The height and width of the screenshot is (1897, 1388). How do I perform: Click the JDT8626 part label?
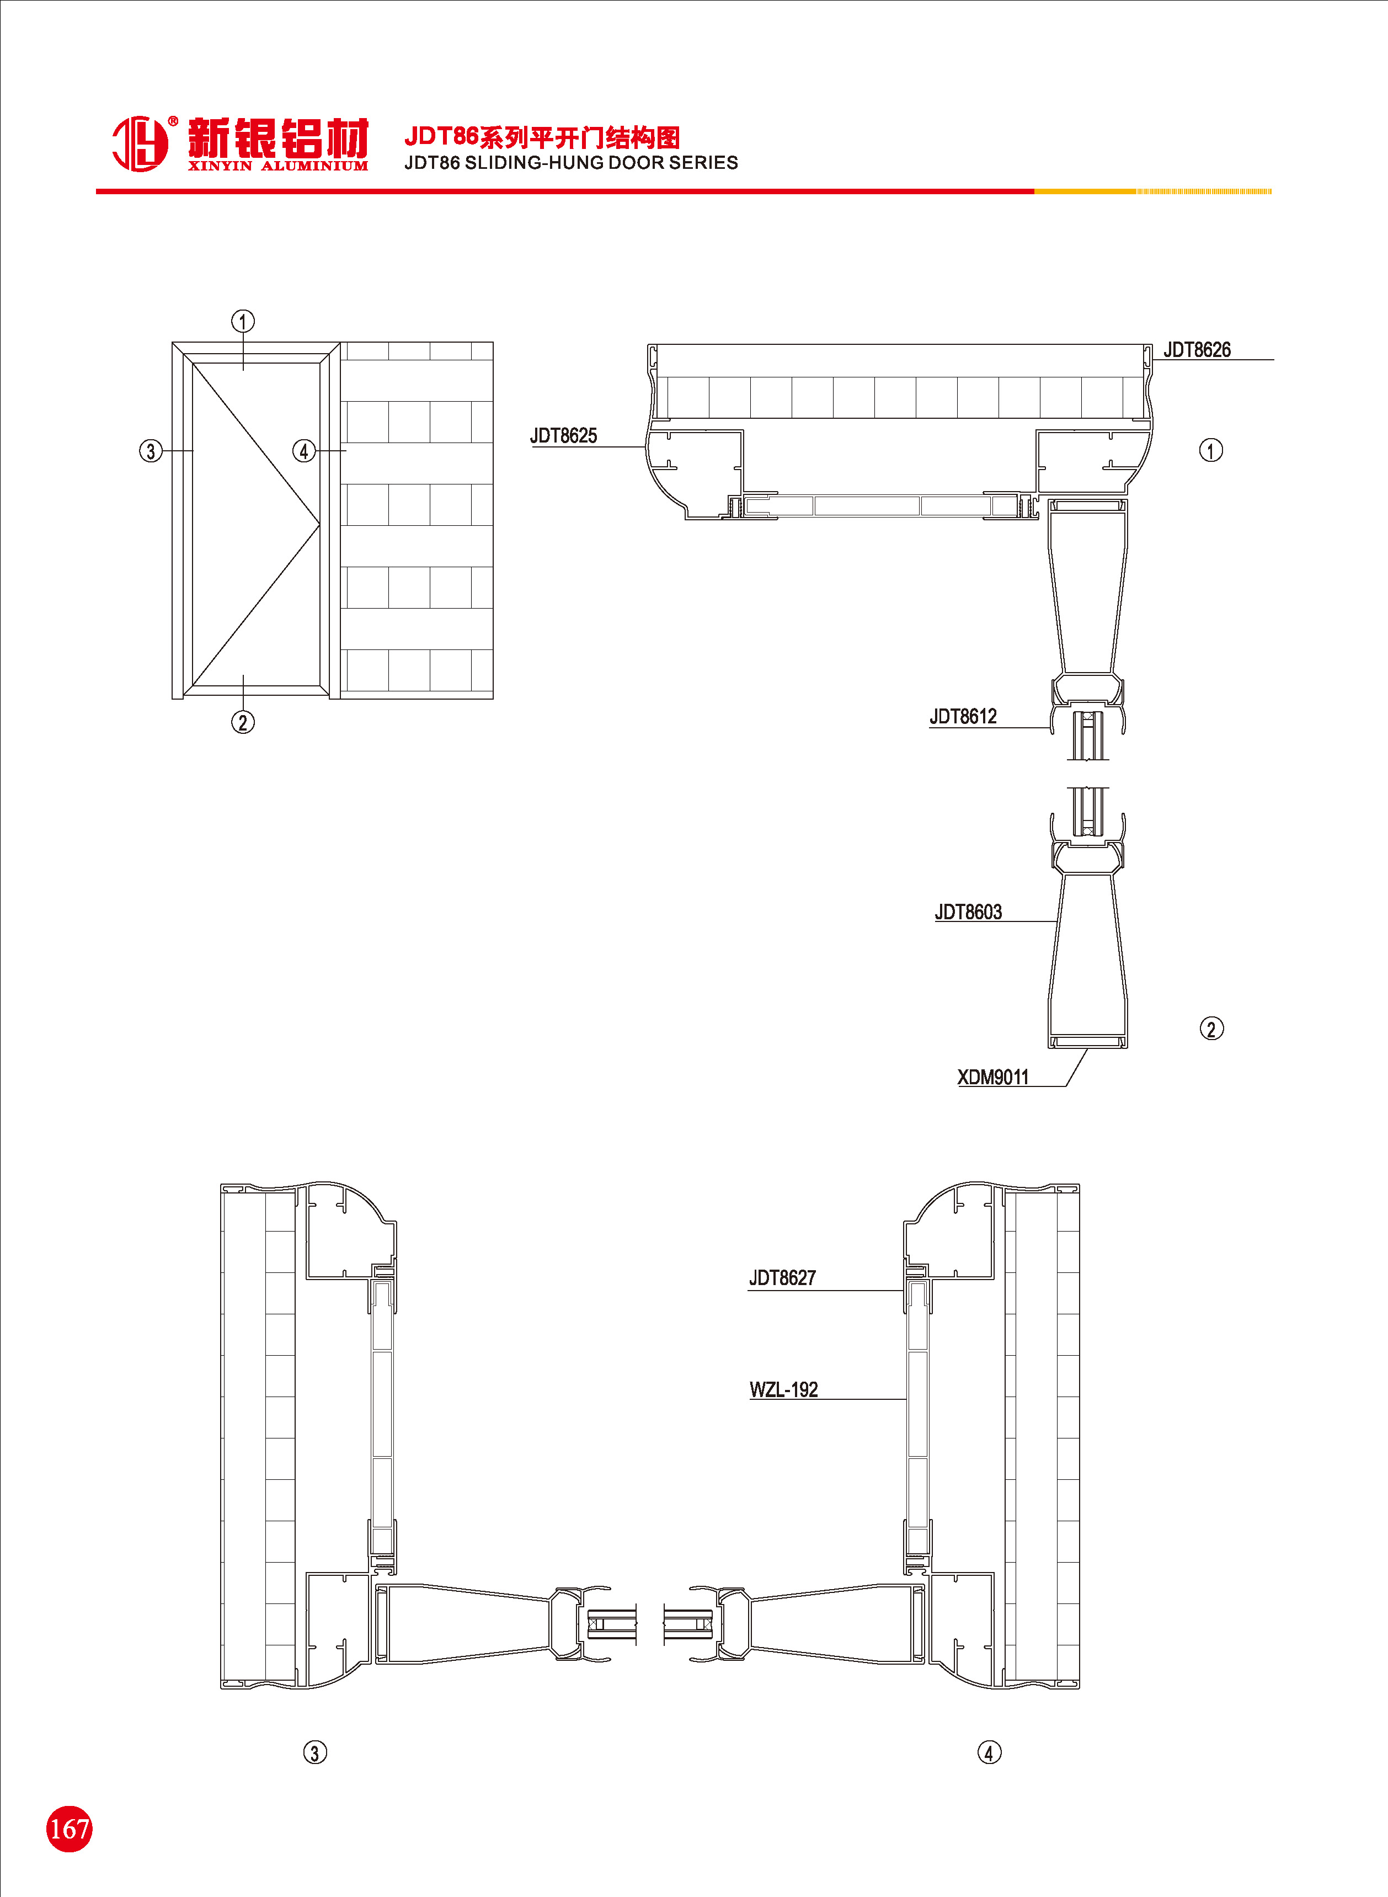click(1197, 349)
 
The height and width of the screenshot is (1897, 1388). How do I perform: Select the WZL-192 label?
click(783, 1389)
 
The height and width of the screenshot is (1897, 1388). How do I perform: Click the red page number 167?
click(69, 1828)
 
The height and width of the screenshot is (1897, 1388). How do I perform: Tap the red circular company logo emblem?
click(140, 143)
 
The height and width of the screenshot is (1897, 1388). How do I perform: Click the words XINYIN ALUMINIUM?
click(277, 166)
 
